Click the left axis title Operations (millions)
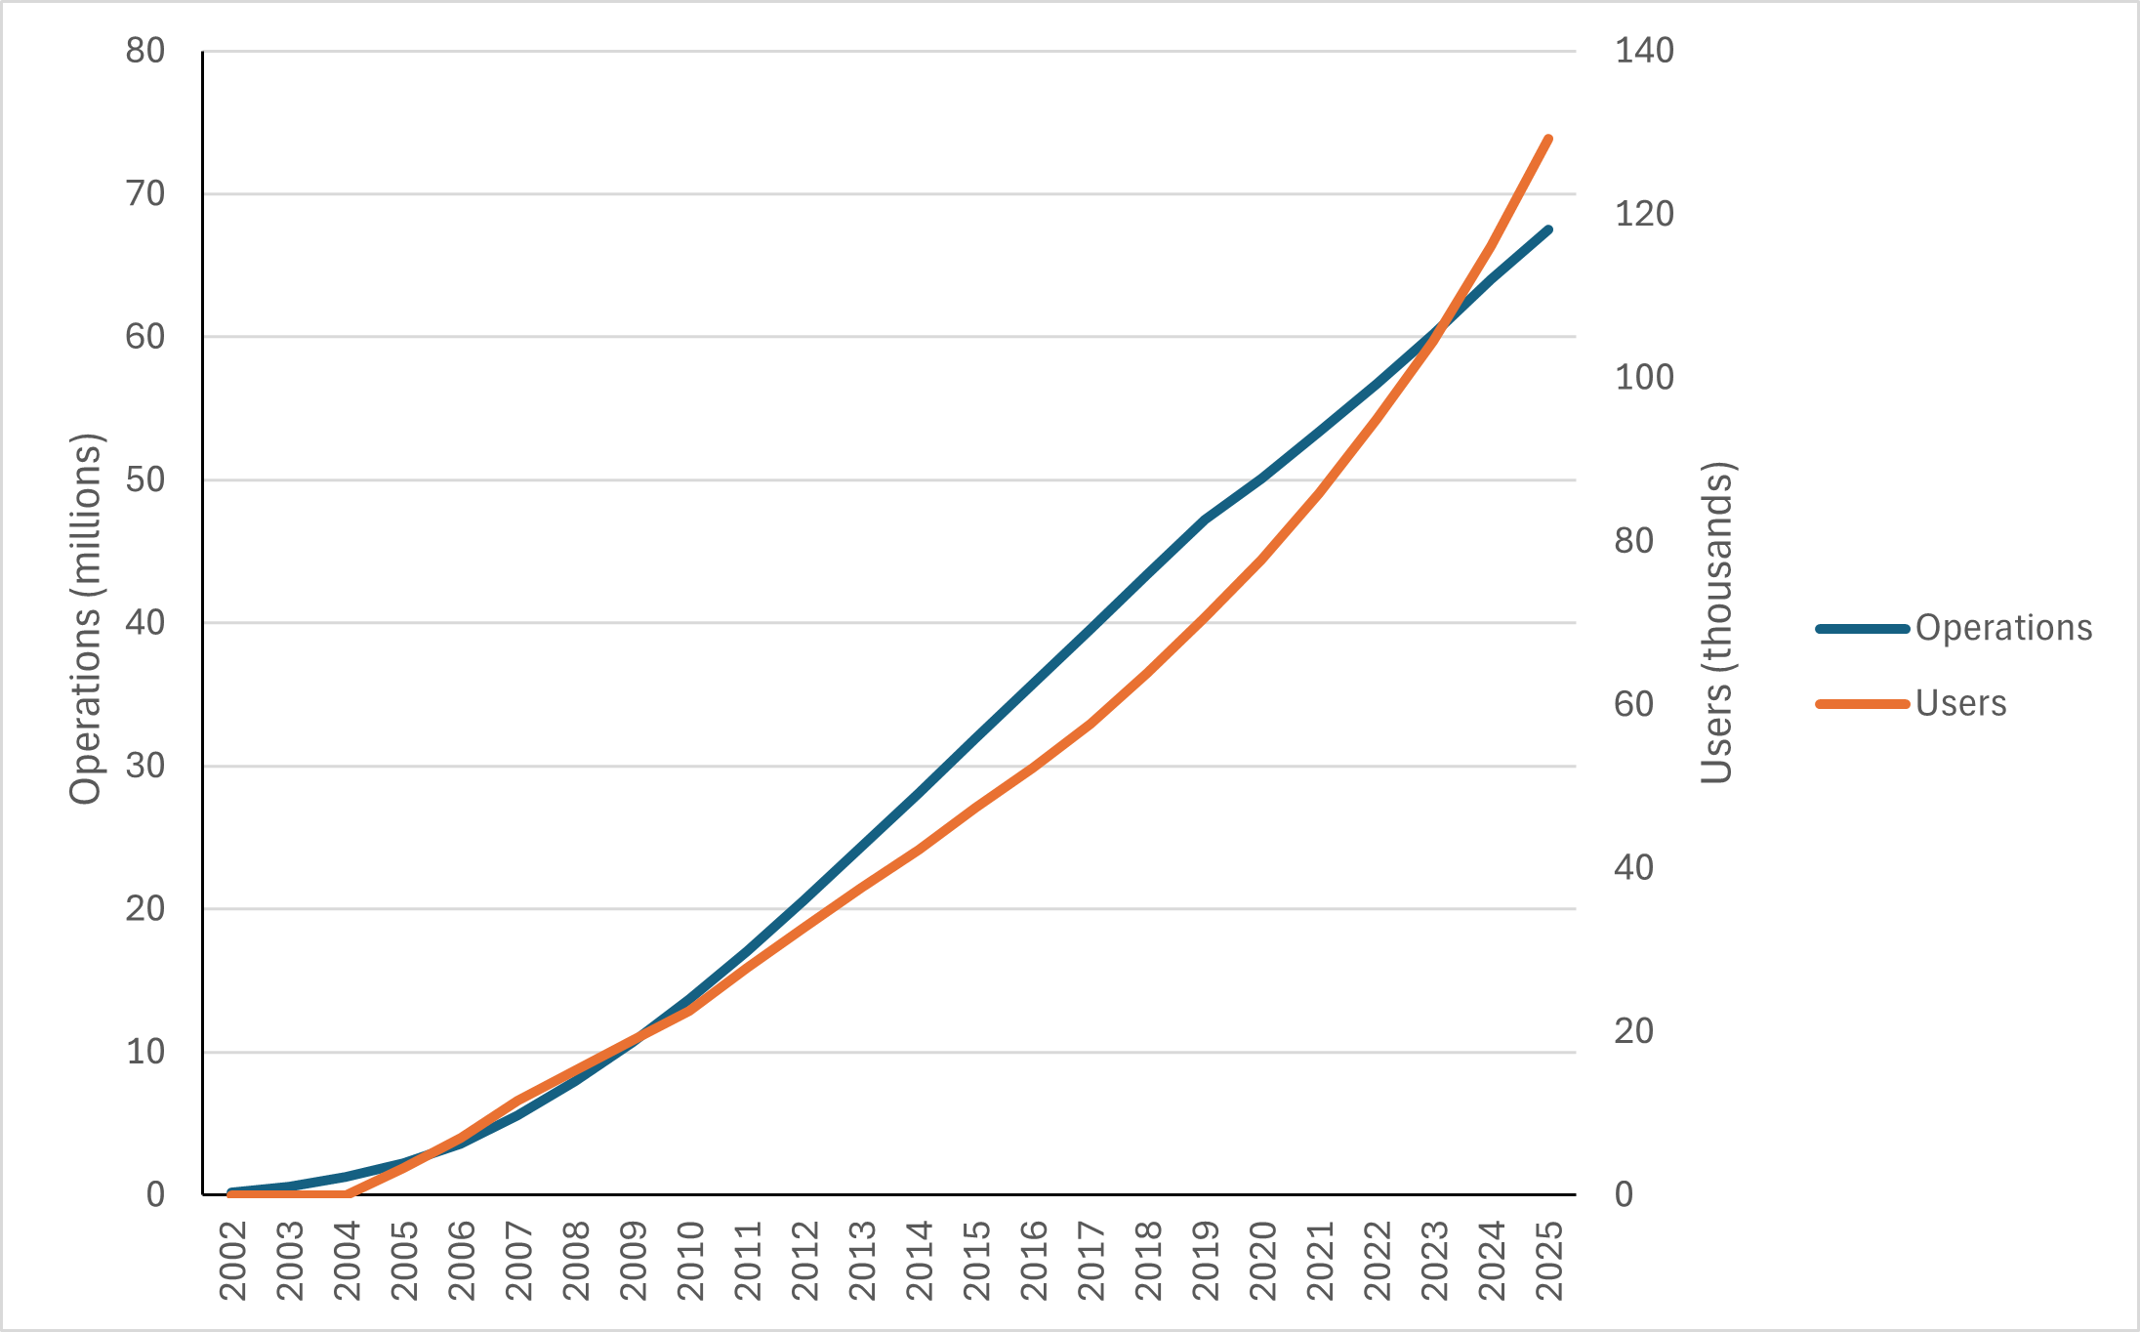point(86,619)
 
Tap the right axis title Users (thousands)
point(1716,623)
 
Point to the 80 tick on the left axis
point(145,51)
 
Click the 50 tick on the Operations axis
point(145,480)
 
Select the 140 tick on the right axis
point(1644,51)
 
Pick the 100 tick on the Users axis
point(1644,377)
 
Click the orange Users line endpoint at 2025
point(1548,139)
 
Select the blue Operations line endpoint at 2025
point(1548,229)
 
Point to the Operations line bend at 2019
point(1206,519)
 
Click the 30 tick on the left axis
point(145,767)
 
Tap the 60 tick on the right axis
point(1634,704)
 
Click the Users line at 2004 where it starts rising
point(347,1193)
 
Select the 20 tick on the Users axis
point(1634,1031)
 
